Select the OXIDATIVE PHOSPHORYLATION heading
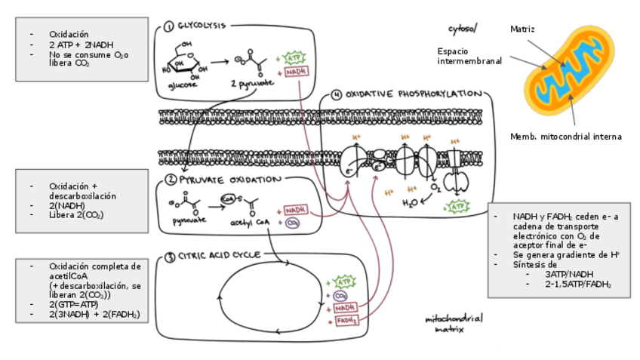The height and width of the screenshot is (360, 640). pyautogui.click(x=412, y=94)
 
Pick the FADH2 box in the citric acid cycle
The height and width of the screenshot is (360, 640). pyautogui.click(x=346, y=321)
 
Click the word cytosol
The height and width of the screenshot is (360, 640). pyautogui.click(x=462, y=29)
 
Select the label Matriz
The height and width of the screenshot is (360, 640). pyautogui.click(x=522, y=29)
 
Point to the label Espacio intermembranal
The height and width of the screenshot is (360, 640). pyautogui.click(x=469, y=56)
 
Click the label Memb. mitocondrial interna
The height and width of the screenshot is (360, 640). pyautogui.click(x=565, y=137)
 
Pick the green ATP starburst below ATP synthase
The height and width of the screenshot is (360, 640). pyautogui.click(x=457, y=206)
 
